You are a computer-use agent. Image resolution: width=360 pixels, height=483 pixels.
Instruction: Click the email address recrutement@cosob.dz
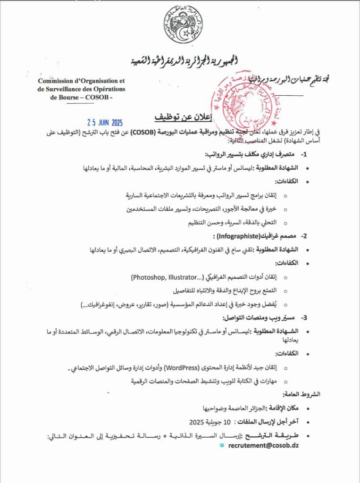[x=264, y=445]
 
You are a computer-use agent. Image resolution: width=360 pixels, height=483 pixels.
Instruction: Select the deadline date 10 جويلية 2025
[x=210, y=421]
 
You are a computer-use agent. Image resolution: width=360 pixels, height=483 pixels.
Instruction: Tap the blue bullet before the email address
[x=222, y=445]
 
